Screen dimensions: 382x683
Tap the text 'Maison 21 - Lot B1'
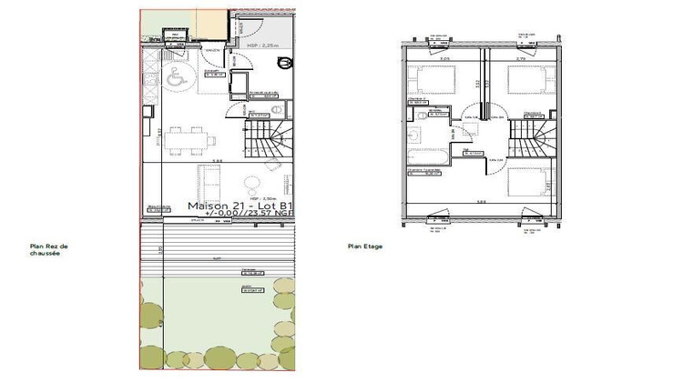pyautogui.click(x=240, y=206)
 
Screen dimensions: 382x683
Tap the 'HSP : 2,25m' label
pyautogui.click(x=261, y=44)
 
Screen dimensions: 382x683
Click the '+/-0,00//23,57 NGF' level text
pyautogui.click(x=242, y=215)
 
